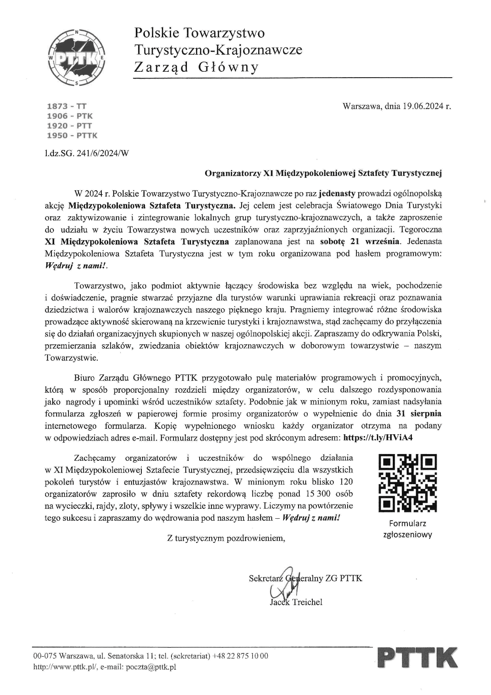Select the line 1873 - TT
click(66, 106)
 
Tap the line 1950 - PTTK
click(72, 136)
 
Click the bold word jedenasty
click(337, 194)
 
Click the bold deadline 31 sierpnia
click(419, 414)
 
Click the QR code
click(407, 482)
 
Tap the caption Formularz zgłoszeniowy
click(407, 529)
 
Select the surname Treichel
click(307, 602)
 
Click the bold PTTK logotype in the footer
click(417, 657)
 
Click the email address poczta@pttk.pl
click(151, 667)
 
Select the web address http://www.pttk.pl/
click(65, 667)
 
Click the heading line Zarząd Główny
click(196, 67)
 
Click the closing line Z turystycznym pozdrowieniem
click(226, 538)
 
